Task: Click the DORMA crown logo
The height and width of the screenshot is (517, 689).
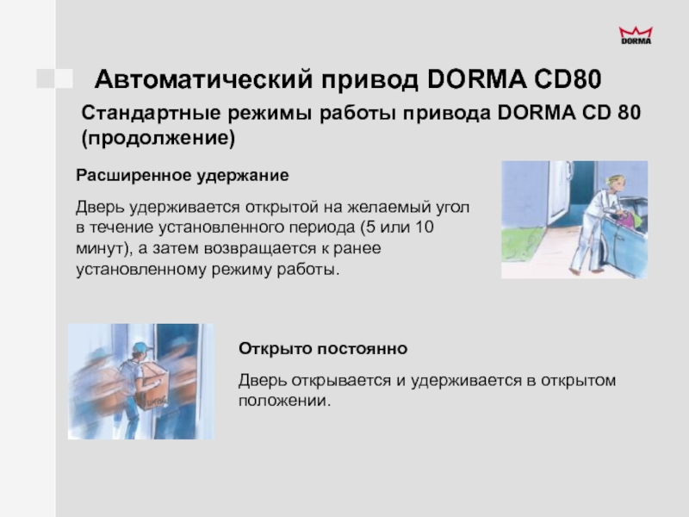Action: coord(636,35)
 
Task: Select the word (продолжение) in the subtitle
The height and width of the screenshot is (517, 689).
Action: coord(158,138)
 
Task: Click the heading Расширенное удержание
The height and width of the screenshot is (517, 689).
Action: coord(183,176)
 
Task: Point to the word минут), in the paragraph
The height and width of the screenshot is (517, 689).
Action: coord(104,249)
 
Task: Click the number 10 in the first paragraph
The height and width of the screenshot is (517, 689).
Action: coord(424,227)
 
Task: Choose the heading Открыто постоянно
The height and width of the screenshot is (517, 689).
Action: coord(323,349)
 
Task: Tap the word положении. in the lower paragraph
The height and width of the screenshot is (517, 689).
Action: coord(284,401)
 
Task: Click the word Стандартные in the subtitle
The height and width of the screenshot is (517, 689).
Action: coord(151,113)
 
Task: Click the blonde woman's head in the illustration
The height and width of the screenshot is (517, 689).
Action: coord(614,184)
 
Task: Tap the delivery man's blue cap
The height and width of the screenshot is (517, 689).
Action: coord(142,347)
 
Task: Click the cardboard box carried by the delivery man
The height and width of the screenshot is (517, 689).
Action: coord(152,387)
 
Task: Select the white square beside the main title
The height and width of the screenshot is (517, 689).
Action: coord(64,78)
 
